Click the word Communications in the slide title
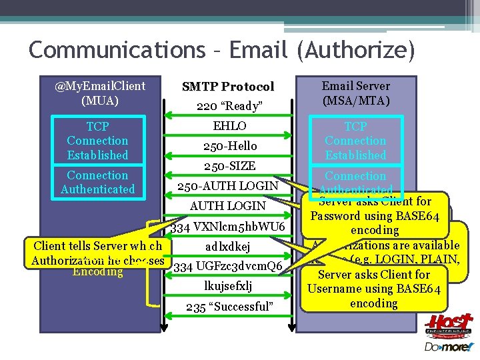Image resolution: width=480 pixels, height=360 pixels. coord(117,49)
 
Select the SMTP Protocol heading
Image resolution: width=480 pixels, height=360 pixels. coord(228,87)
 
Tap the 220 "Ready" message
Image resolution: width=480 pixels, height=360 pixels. coord(228,106)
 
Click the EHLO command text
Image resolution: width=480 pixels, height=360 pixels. coord(228,126)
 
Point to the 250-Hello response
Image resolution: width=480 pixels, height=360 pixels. coord(228,146)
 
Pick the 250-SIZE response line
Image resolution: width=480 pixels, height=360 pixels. coord(228,166)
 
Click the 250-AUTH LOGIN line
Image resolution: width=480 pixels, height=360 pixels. coord(228,186)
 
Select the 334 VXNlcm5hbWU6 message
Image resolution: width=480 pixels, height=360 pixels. coord(228,227)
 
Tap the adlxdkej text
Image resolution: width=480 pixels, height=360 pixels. coord(228,247)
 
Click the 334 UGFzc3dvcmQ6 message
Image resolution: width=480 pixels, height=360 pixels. coord(228,267)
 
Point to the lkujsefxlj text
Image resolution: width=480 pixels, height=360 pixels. coord(228,287)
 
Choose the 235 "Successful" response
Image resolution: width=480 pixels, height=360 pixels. coord(228,307)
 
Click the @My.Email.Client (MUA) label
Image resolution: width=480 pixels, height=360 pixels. coord(100,93)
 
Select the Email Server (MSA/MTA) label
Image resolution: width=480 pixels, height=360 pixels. coord(355,93)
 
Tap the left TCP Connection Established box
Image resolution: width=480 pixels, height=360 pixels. coord(97,141)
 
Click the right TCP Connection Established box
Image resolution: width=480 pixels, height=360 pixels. coord(355,141)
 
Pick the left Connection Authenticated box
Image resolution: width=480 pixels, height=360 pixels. coord(97,182)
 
